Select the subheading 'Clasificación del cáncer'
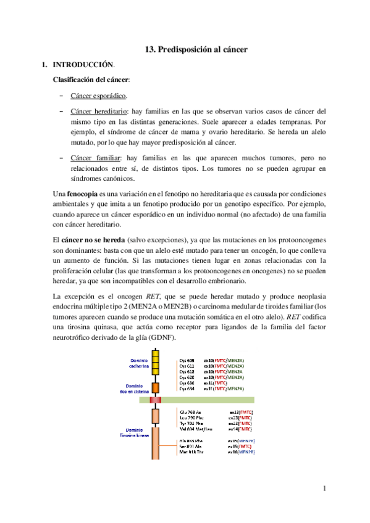(x=95, y=80)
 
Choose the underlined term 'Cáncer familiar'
(x=96, y=158)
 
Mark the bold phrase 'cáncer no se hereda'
(x=92, y=239)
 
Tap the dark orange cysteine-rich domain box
(x=156, y=388)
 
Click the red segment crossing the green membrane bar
(x=156, y=400)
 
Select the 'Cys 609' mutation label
(x=187, y=360)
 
